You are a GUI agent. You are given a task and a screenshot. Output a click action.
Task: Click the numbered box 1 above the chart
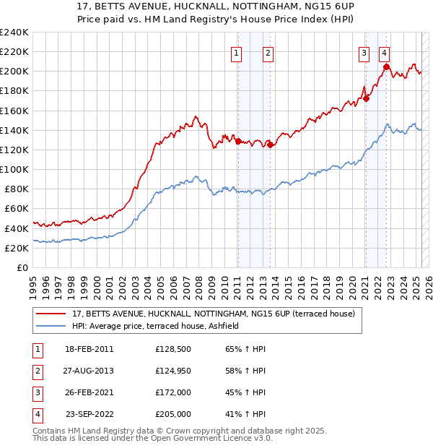pos(237,52)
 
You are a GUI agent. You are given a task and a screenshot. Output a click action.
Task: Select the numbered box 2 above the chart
pos(268,52)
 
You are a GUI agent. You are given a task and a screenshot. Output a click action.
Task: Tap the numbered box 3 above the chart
pos(364,52)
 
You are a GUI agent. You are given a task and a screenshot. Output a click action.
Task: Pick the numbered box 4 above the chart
pos(385,52)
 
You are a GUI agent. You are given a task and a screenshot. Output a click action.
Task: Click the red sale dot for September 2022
pos(387,67)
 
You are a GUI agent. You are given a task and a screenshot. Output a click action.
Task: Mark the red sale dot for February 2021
pos(366,99)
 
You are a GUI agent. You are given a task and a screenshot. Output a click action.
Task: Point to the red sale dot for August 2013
pos(270,145)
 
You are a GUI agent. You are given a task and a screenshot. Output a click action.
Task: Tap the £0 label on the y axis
pos(22,267)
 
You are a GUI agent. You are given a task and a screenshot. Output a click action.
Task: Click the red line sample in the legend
pos(52,314)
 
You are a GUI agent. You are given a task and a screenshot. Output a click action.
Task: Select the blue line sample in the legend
pos(52,327)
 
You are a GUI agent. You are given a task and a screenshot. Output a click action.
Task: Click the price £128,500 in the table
pos(173,349)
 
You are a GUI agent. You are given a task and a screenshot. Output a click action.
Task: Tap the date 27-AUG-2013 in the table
pos(89,371)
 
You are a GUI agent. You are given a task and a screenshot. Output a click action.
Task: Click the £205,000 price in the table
pos(173,414)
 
